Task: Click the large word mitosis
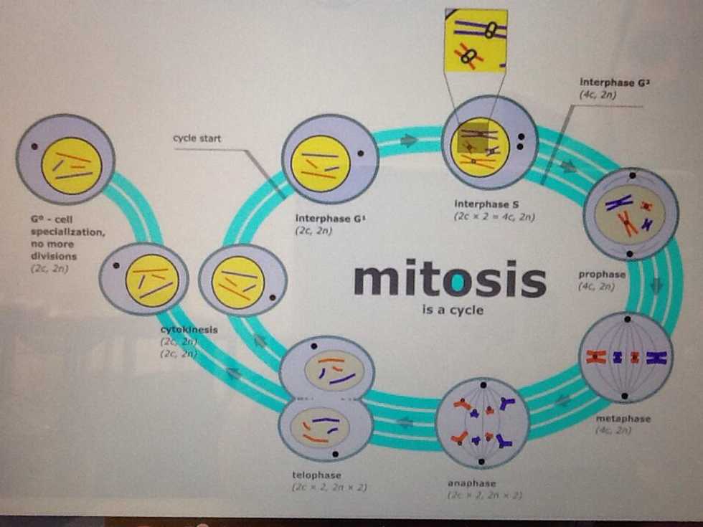[x=450, y=280]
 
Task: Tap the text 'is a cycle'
[x=453, y=310]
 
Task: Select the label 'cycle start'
[x=197, y=138]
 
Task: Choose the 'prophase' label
[x=602, y=274]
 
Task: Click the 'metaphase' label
[x=623, y=418]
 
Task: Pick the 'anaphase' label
[x=471, y=483]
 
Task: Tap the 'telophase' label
[x=316, y=475]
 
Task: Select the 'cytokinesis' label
[x=189, y=330]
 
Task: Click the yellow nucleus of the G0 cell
[x=71, y=166]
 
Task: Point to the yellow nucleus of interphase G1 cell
[x=321, y=164]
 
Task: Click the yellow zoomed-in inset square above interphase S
[x=475, y=41]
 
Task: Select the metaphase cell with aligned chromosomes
[x=626, y=357]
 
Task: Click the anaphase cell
[x=482, y=423]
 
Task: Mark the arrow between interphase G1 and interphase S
[x=409, y=141]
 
